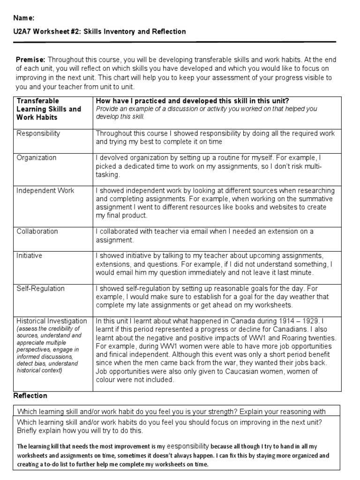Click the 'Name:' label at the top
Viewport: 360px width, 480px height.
(x=24, y=18)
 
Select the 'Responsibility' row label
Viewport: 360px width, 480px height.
(x=38, y=134)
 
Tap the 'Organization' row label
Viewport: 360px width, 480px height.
(x=37, y=158)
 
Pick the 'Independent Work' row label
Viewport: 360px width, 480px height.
(x=45, y=191)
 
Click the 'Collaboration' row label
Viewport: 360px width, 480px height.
(x=37, y=232)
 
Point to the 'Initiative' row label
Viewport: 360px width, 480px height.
(x=30, y=256)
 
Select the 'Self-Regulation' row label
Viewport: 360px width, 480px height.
(x=41, y=289)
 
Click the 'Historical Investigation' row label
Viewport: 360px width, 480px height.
(x=52, y=322)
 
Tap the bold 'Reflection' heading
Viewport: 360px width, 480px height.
(x=30, y=396)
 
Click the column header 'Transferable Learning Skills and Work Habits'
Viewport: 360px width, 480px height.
(x=49, y=109)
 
